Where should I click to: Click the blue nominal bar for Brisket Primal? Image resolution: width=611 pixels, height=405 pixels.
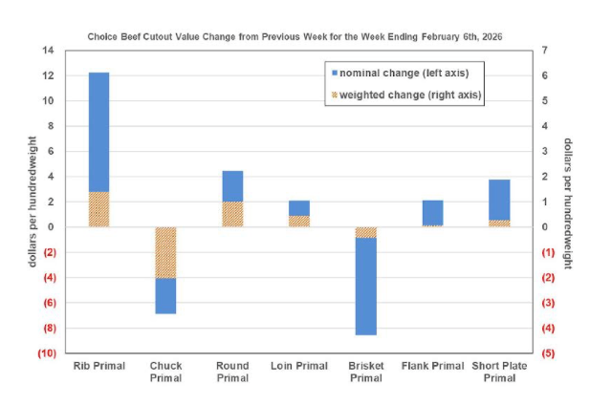pos(365,286)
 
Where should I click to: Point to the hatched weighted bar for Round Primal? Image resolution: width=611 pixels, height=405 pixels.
pos(232,214)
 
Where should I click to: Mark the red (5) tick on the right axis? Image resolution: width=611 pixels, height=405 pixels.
pos(546,353)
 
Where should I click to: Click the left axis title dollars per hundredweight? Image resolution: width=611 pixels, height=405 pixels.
pos(32,201)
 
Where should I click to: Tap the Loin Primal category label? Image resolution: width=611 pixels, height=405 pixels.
pos(298,366)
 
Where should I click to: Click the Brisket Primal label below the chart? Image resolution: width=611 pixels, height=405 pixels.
pos(365,372)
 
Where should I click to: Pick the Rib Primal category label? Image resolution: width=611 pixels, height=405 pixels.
pos(98,366)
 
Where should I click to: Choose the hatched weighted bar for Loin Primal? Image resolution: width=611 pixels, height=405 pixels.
pos(298,221)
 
